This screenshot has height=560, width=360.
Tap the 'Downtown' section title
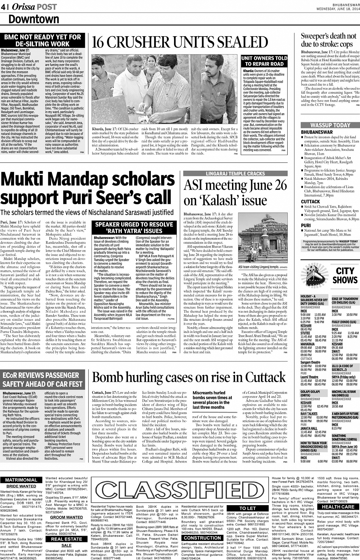coord(34,19)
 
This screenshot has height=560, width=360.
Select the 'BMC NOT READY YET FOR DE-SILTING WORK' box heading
coord(42,40)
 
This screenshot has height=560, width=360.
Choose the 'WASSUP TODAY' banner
coord(330,125)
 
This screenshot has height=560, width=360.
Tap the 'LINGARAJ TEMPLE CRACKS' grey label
coord(235,174)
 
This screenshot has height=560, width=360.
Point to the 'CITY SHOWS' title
coord(345,275)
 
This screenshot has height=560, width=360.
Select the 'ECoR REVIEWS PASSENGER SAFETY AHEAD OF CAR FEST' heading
coord(43,379)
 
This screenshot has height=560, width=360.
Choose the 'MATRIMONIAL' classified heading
coord(21,480)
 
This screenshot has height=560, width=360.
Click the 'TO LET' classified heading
coord(247,508)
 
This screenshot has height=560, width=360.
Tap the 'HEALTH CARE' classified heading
coord(338,507)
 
